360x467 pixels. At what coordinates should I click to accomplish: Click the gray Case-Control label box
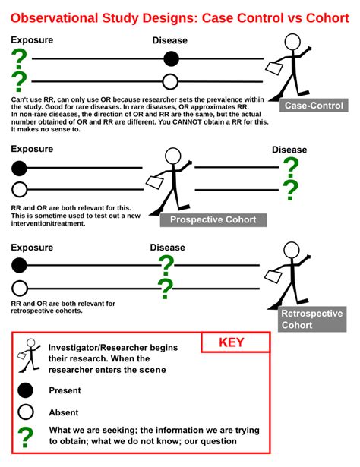click(x=314, y=106)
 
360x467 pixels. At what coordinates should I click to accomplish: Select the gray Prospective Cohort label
click(x=213, y=219)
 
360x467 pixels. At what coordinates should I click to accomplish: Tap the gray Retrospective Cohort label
click(x=313, y=319)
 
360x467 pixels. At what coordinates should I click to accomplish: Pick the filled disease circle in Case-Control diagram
click(x=171, y=58)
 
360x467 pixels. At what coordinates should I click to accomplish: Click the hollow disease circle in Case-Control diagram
click(x=170, y=81)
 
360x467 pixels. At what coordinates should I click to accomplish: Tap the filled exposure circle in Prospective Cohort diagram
click(x=19, y=169)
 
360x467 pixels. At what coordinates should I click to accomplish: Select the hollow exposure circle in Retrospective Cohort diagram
click(x=20, y=289)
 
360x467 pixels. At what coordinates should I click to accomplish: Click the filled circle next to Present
click(x=25, y=390)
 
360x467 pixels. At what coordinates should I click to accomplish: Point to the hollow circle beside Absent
click(x=26, y=412)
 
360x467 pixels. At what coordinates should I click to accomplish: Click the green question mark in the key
click(x=26, y=437)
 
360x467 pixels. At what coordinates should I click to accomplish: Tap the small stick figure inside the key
click(x=29, y=355)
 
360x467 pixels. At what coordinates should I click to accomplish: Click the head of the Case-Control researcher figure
click(x=292, y=42)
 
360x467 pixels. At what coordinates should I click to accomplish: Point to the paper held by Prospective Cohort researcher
click(x=154, y=182)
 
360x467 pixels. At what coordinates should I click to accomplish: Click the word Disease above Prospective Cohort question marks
click(x=289, y=150)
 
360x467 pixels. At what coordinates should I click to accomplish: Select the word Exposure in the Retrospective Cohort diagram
click(x=32, y=248)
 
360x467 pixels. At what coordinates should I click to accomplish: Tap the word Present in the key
click(x=65, y=390)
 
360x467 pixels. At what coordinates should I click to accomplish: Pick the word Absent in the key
click(x=64, y=412)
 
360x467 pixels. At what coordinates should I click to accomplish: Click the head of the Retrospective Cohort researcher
click(x=292, y=250)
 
